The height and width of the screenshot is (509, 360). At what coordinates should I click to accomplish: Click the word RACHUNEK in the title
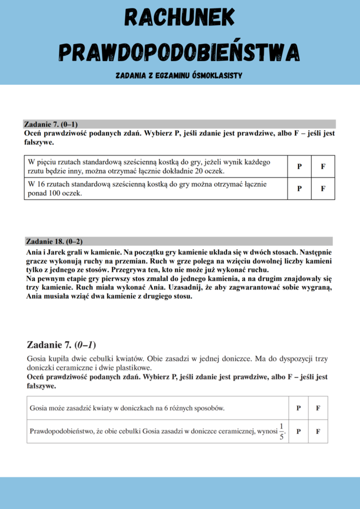(x=180, y=19)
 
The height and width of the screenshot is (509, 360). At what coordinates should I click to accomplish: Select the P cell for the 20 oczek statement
(x=299, y=167)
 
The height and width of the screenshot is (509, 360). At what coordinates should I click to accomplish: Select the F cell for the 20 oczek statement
(x=323, y=167)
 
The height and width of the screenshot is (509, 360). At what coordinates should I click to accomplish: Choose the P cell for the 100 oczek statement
(x=299, y=189)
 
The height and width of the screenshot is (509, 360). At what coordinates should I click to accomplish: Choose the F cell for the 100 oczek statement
(x=323, y=189)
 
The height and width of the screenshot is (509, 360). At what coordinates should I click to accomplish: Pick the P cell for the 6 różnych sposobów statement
(x=298, y=408)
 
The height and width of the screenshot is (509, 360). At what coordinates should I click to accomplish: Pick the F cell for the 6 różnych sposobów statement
(x=318, y=408)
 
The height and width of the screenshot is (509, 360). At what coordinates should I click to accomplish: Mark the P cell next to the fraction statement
(x=298, y=432)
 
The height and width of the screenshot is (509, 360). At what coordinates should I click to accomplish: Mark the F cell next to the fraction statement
(x=318, y=432)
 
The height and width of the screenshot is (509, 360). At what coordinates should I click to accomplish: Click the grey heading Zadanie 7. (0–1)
(x=50, y=124)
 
